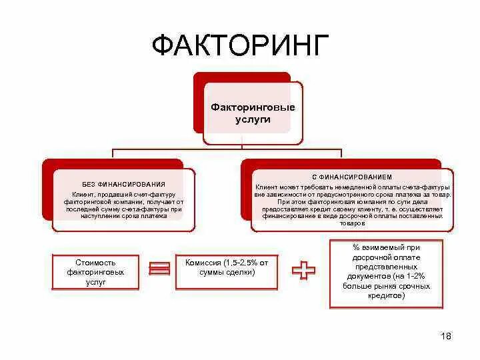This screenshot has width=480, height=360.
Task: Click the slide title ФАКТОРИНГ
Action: (x=240, y=46)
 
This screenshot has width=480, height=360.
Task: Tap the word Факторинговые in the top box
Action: (x=253, y=107)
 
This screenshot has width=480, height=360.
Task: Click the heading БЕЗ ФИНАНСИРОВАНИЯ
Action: (x=123, y=183)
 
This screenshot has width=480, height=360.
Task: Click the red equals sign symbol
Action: (x=159, y=269)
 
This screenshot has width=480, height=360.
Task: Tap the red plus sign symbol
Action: (x=303, y=270)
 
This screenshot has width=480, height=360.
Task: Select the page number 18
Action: (x=446, y=336)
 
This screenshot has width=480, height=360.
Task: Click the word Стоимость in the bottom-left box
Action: (x=96, y=263)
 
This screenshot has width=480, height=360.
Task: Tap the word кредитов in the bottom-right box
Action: (x=386, y=295)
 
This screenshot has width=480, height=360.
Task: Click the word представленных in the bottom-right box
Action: (x=386, y=266)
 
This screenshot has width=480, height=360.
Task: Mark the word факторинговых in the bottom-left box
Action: (x=96, y=273)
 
